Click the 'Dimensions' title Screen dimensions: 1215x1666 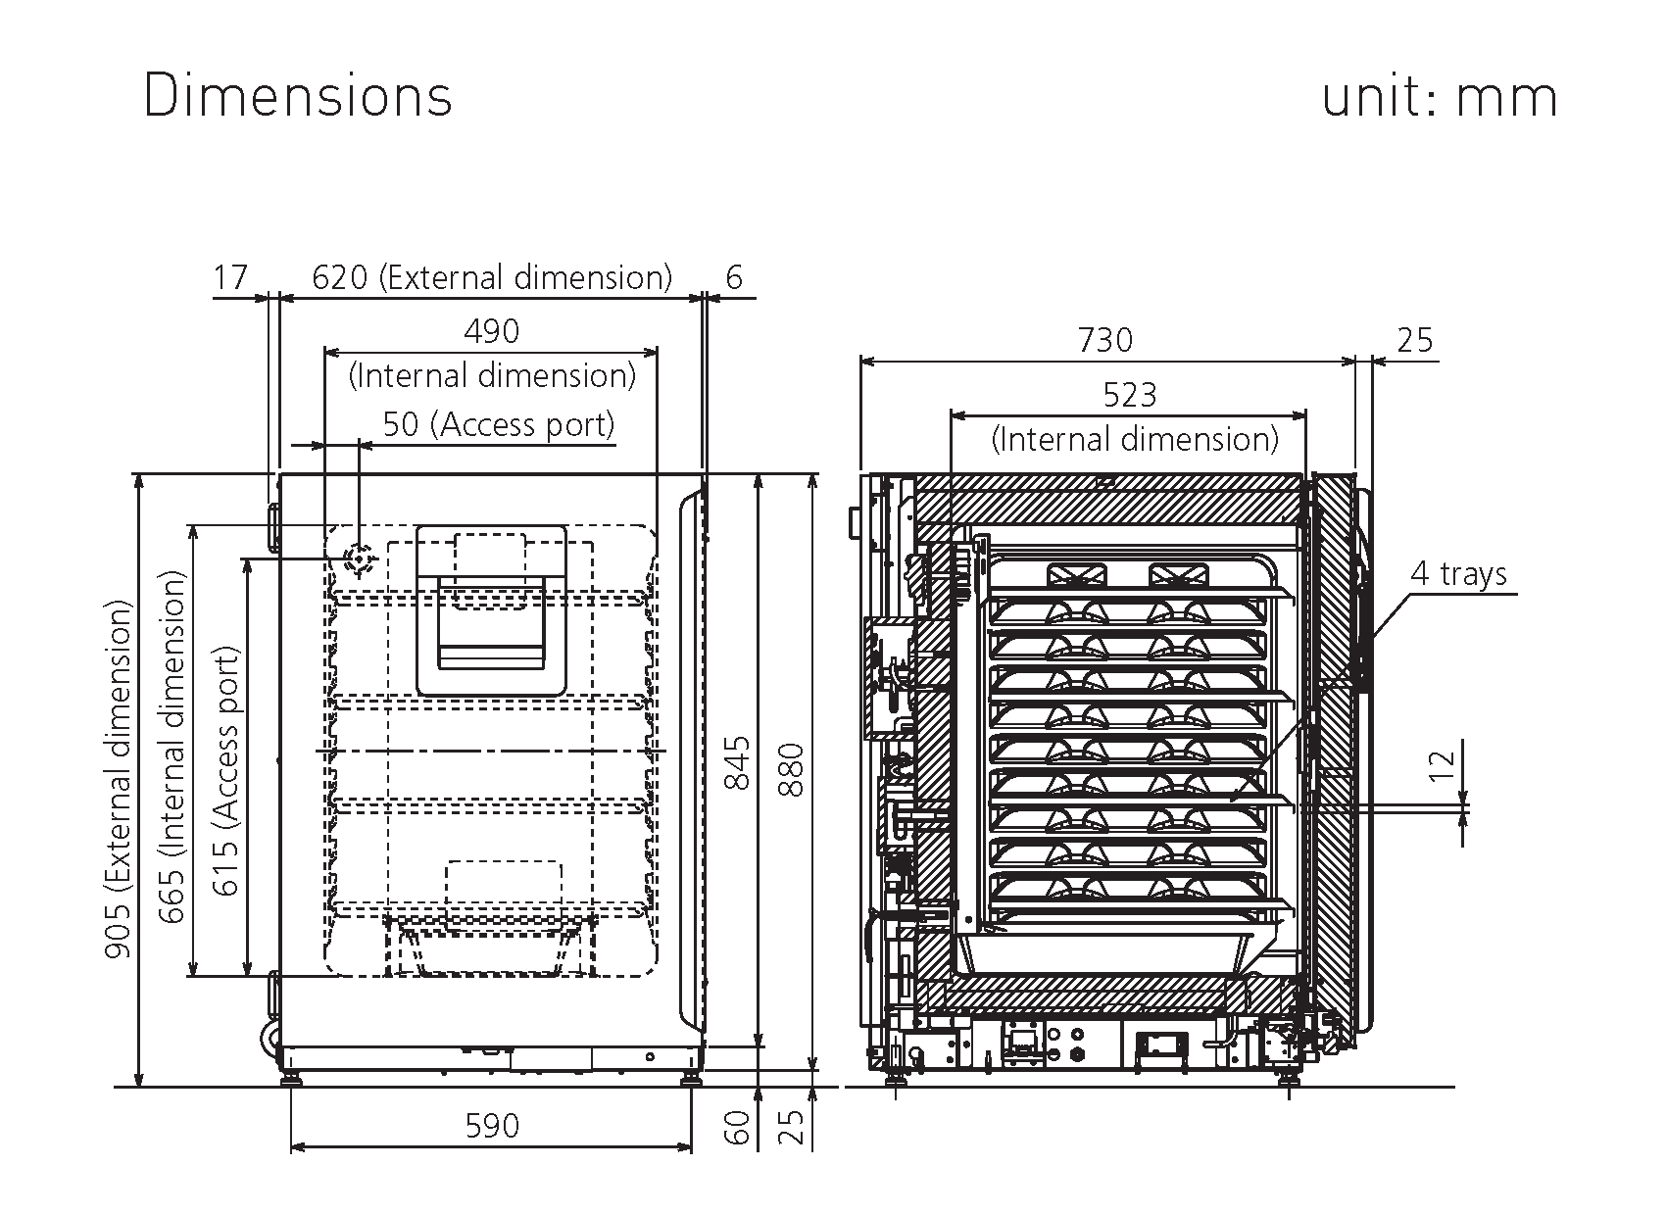click(x=298, y=96)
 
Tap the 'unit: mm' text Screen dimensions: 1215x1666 click(x=1439, y=96)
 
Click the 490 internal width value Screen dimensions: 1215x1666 click(x=491, y=331)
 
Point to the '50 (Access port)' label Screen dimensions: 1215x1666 click(x=498, y=424)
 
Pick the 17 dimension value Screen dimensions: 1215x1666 click(x=231, y=277)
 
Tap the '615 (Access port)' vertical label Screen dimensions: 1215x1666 click(x=226, y=770)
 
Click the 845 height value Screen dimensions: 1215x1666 click(x=736, y=762)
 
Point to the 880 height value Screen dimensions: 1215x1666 click(x=791, y=770)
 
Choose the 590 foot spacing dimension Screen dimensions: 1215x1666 click(x=491, y=1126)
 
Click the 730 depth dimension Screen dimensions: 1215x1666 click(x=1105, y=340)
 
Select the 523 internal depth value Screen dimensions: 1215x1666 click(x=1130, y=395)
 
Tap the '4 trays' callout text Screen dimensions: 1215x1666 click(x=1458, y=573)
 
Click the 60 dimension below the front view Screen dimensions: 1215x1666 click(x=738, y=1127)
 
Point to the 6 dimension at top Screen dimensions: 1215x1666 click(x=734, y=277)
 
